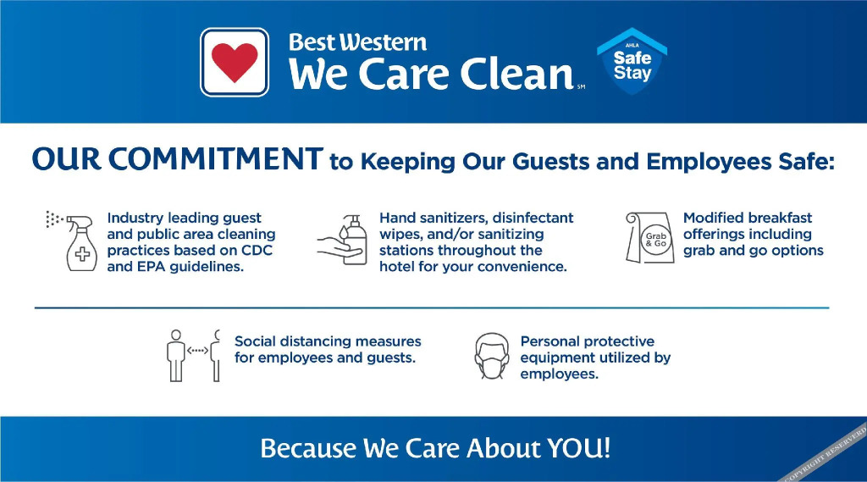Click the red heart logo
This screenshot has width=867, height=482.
click(x=235, y=62)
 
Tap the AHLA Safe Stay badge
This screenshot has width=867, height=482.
click(x=632, y=62)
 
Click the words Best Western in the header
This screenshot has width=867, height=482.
click(x=357, y=42)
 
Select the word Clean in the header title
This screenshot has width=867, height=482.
click(x=517, y=75)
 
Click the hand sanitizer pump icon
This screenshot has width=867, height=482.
click(x=342, y=241)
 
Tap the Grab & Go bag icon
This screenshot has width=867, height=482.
click(x=650, y=237)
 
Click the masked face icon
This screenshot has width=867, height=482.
click(x=492, y=356)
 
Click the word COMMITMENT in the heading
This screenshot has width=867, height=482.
click(x=216, y=158)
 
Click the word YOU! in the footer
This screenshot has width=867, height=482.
click(x=579, y=447)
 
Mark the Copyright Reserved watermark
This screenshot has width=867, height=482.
click(x=825, y=454)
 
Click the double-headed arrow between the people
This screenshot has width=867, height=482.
click(x=197, y=351)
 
